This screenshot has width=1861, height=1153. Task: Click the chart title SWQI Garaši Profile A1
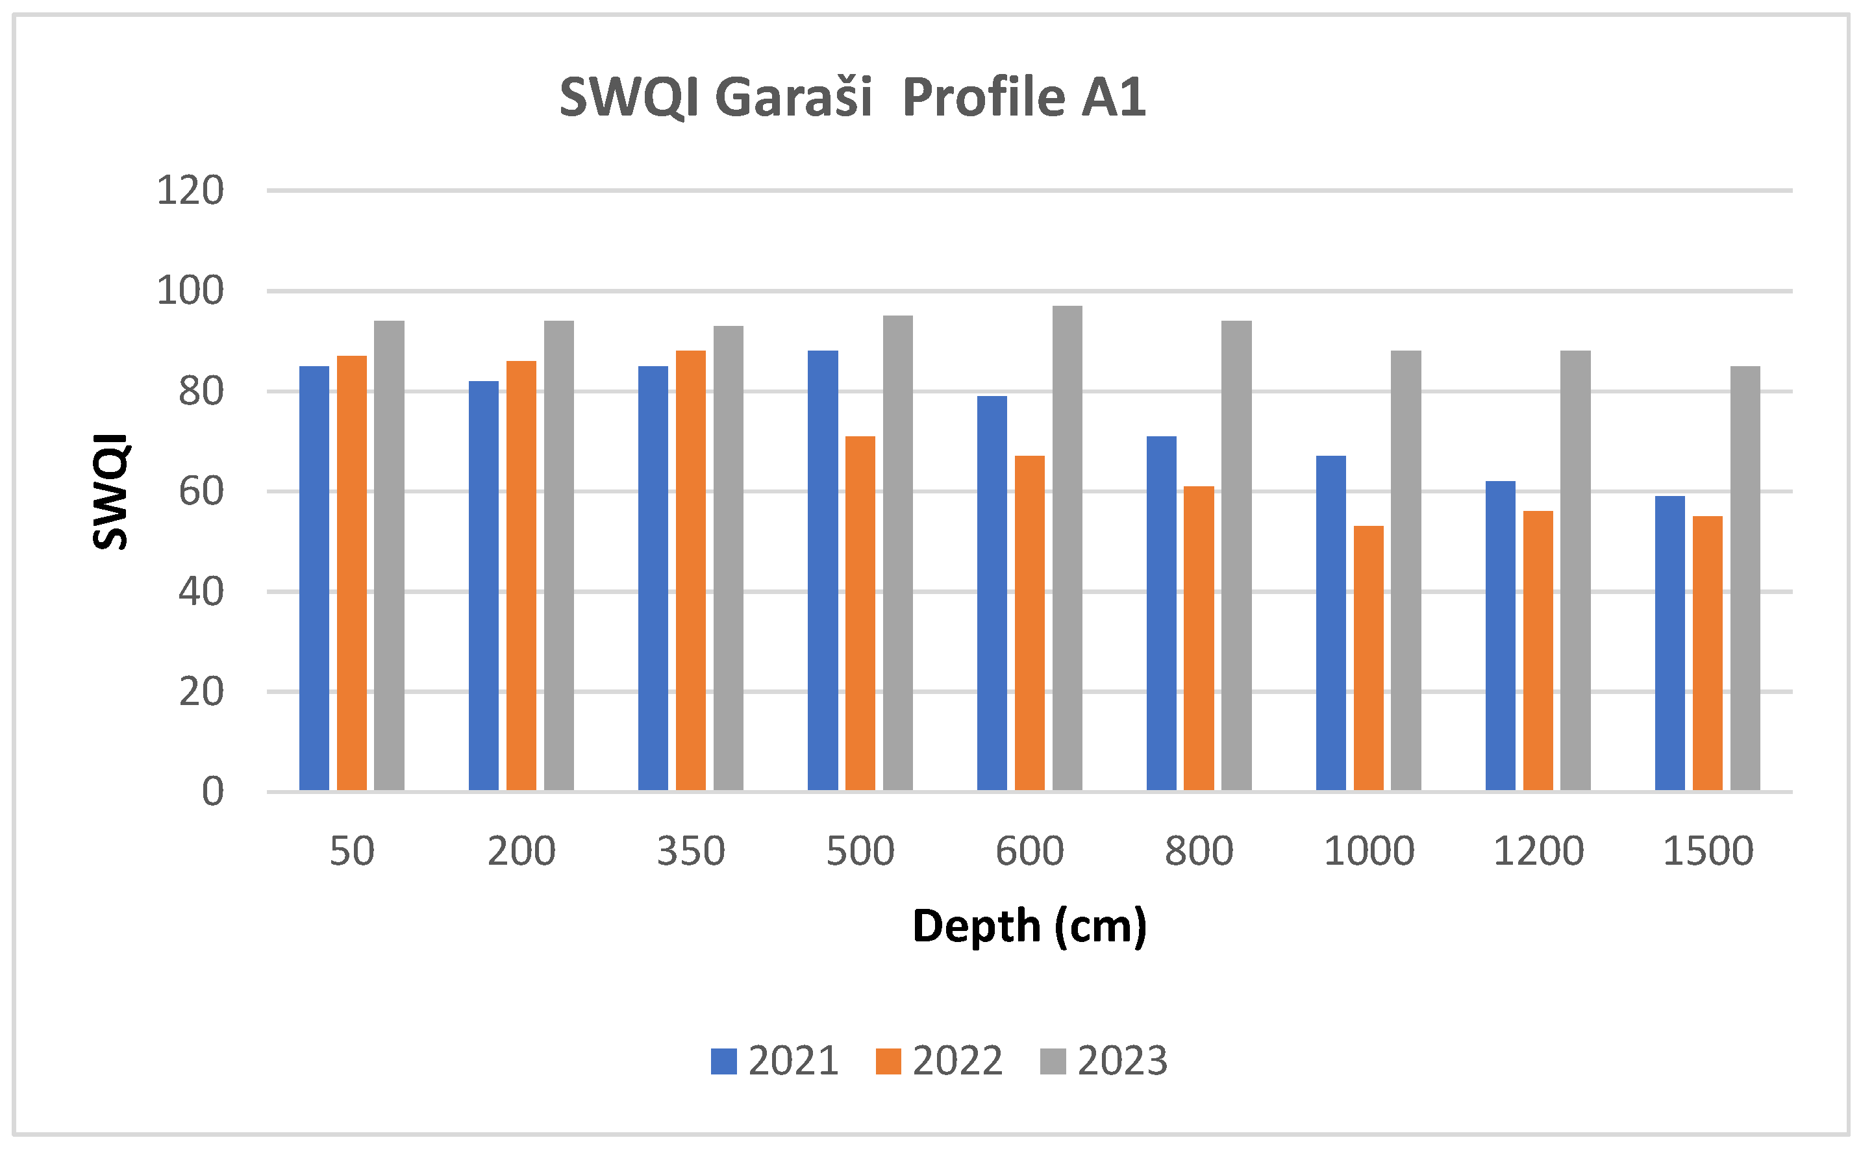[852, 97]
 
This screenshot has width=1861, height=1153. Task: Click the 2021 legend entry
[774, 1061]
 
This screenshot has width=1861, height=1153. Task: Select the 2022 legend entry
[939, 1061]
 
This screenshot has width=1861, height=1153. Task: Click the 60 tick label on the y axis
[201, 491]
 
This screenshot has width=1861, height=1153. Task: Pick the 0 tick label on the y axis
[213, 792]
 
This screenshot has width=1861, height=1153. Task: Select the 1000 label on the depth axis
[1369, 850]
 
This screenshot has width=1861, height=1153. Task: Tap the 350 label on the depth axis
[691, 850]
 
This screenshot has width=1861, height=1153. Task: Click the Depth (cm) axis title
[1030, 926]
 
